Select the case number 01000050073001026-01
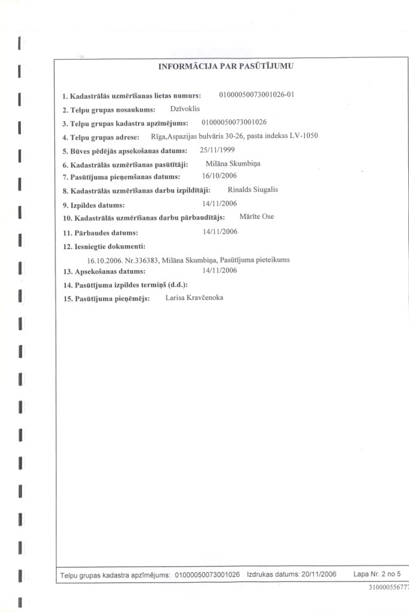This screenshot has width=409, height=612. click(x=258, y=94)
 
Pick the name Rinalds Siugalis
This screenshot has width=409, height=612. click(x=253, y=189)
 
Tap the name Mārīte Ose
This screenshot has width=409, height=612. click(x=257, y=216)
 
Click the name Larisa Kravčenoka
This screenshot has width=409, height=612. click(x=194, y=297)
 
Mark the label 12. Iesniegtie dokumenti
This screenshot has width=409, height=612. click(x=104, y=246)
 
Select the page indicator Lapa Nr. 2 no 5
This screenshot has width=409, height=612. click(x=377, y=574)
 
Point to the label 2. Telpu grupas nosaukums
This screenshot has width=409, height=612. click(x=109, y=110)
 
